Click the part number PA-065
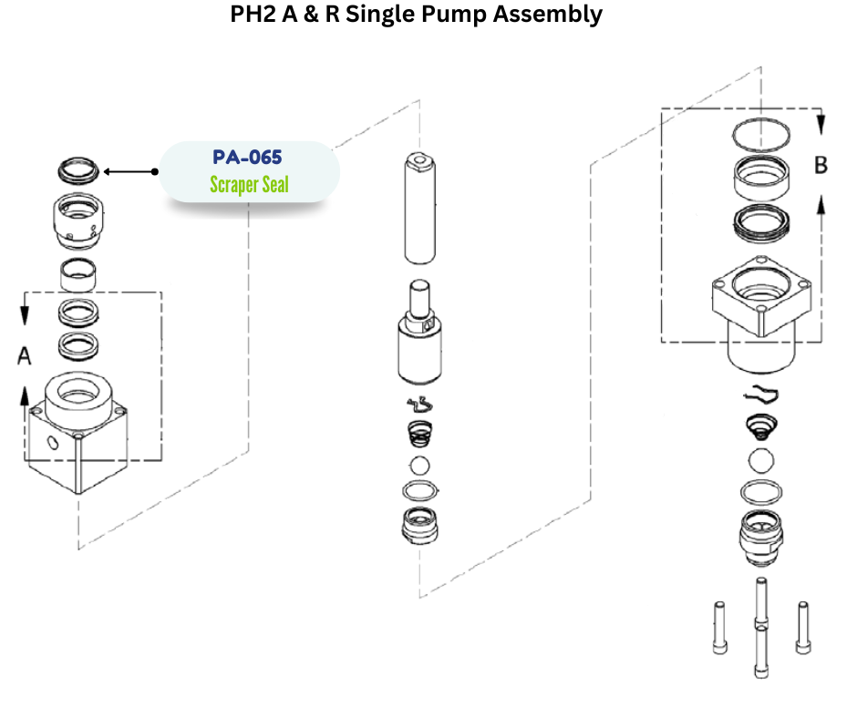click(x=248, y=157)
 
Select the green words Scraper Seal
click(x=249, y=185)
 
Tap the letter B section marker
click(x=821, y=166)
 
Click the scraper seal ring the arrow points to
click(x=77, y=169)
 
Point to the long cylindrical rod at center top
click(x=418, y=209)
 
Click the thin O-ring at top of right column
click(x=764, y=134)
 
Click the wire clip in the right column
click(x=763, y=395)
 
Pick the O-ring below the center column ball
click(x=418, y=492)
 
